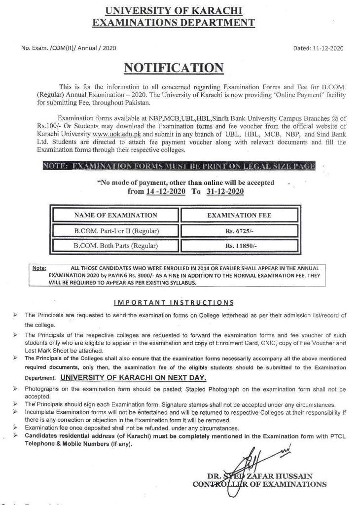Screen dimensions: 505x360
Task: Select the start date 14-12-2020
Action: (x=166, y=191)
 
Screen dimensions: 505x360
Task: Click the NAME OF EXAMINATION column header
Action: (x=115, y=215)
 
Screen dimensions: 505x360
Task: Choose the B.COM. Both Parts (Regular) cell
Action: (x=115, y=245)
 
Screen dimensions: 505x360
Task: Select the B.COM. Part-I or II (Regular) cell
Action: (x=115, y=230)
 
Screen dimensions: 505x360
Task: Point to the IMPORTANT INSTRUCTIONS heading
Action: (x=174, y=302)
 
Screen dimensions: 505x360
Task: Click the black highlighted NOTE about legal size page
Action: (x=179, y=166)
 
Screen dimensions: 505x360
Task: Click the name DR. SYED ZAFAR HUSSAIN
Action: (x=259, y=476)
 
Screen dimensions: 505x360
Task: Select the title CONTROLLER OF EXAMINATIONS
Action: (x=259, y=484)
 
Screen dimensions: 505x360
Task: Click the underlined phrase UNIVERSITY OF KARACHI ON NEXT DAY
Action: (x=133, y=378)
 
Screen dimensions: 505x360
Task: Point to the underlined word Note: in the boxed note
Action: (x=39, y=268)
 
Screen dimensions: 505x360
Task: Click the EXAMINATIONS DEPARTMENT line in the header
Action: (x=174, y=22)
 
